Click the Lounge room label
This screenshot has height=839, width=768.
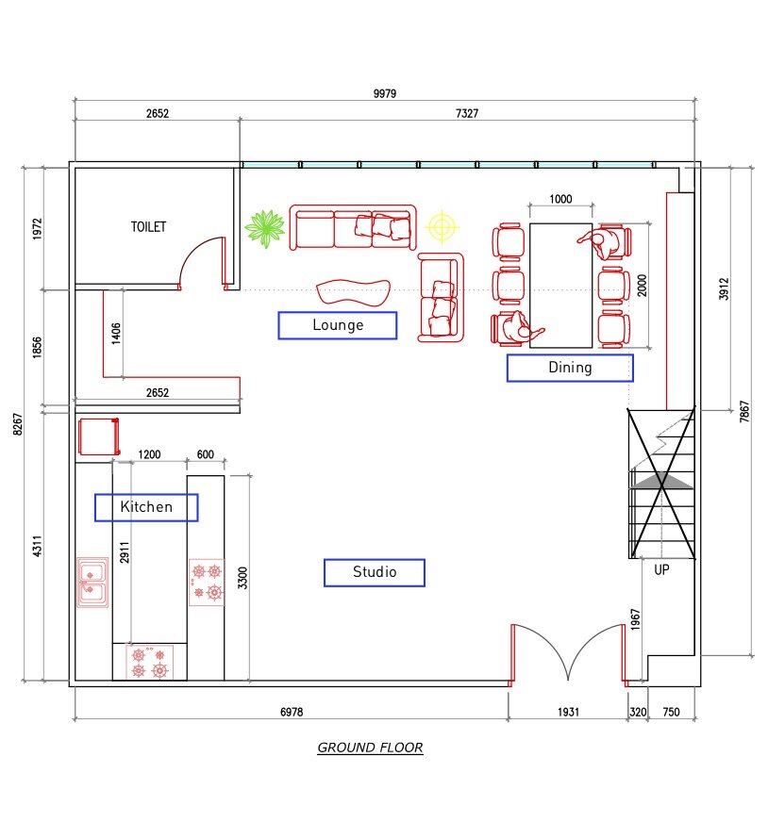(x=338, y=325)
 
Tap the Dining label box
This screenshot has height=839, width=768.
(x=570, y=368)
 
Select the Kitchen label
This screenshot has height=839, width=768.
(x=146, y=507)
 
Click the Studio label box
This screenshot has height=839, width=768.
(x=375, y=572)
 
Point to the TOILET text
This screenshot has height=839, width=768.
(x=148, y=227)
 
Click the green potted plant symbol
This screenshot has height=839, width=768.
(x=265, y=228)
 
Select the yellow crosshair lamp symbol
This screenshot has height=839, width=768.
(x=441, y=227)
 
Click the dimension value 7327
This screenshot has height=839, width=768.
(x=467, y=113)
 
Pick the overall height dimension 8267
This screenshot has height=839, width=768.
(x=15, y=421)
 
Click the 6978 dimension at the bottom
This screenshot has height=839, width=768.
(x=292, y=713)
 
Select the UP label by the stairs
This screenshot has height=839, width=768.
(x=661, y=569)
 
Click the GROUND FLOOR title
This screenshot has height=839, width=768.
(x=370, y=749)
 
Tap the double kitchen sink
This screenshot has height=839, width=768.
(x=92, y=581)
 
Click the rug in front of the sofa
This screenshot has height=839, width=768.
(x=354, y=291)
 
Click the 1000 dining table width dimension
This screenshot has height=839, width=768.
(x=560, y=200)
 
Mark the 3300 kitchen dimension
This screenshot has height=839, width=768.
(x=242, y=578)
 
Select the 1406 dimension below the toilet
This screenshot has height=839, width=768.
(x=116, y=333)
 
